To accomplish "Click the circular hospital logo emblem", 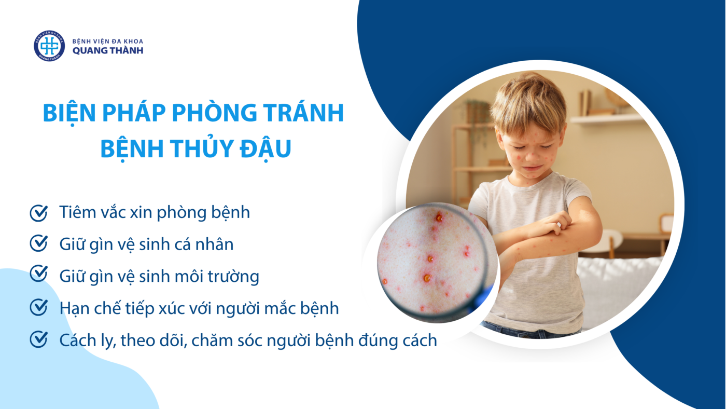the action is click(49, 46).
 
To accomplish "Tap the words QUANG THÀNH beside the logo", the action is click(108, 50).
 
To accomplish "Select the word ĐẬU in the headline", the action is click(266, 148).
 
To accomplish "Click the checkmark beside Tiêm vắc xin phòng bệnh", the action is click(39, 213).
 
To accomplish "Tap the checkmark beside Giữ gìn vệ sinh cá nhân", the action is click(39, 243).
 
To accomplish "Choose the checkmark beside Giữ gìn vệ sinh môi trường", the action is click(39, 274).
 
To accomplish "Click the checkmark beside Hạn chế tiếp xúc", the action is click(39, 307).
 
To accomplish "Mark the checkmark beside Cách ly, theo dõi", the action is click(39, 339).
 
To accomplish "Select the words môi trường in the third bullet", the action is click(217, 277).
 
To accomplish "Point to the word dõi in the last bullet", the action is click(172, 340).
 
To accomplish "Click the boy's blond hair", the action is click(528, 104).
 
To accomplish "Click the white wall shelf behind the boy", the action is click(606, 119).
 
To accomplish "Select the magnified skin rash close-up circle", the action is click(438, 263).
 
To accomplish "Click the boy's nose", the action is click(531, 156).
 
